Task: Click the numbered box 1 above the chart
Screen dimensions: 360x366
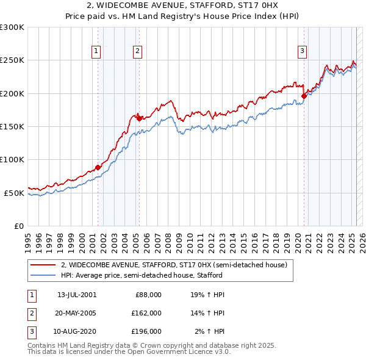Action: click(96, 52)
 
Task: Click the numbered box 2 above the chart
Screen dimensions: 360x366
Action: click(138, 52)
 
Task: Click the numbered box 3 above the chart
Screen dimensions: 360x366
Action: click(302, 52)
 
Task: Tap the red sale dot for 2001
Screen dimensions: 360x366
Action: click(98, 167)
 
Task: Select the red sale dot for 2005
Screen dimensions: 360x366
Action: click(139, 118)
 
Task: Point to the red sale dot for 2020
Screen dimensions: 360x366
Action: click(304, 96)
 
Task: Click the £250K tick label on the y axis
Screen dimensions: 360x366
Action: click(12, 60)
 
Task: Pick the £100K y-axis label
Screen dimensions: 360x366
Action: click(12, 159)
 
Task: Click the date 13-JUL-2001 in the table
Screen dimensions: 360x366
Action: click(76, 294)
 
